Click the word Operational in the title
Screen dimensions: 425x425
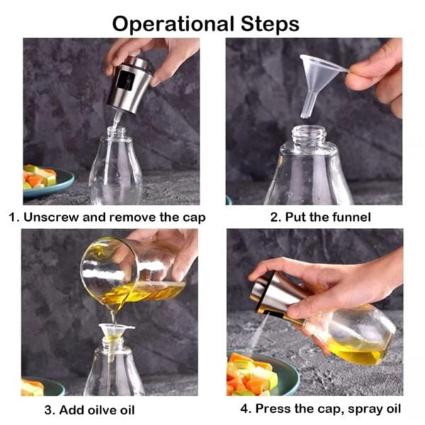173,24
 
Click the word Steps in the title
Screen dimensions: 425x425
270,24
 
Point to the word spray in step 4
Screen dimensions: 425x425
363,409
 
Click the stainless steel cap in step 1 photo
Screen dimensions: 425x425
130,84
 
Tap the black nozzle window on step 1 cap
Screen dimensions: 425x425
125,80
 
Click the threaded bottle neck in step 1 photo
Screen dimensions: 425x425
116,132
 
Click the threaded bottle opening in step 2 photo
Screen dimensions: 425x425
309,134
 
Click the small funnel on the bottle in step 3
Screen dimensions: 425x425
116,333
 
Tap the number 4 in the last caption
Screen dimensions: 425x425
244,409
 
